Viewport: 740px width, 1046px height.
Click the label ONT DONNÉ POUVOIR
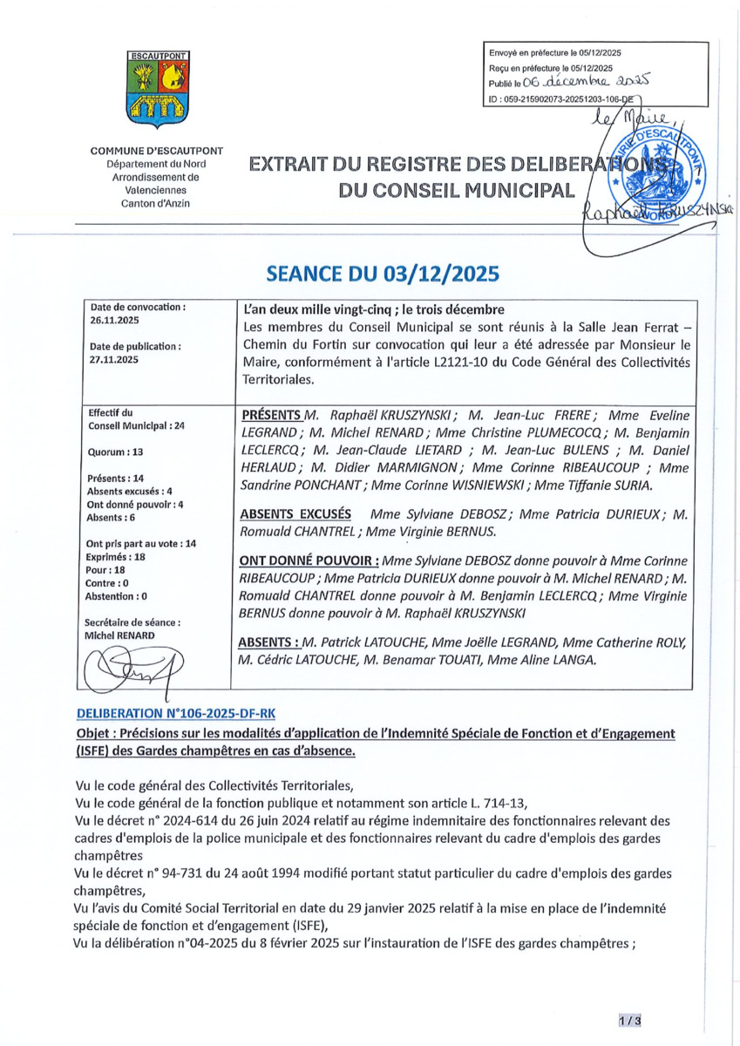click(x=309, y=560)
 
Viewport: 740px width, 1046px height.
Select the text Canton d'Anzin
click(x=157, y=203)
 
